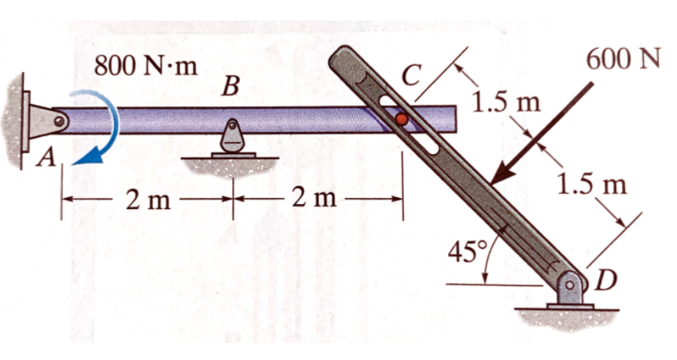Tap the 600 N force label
click(623, 61)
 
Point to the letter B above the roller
click(229, 87)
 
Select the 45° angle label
click(468, 252)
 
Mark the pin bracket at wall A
click(43, 121)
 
